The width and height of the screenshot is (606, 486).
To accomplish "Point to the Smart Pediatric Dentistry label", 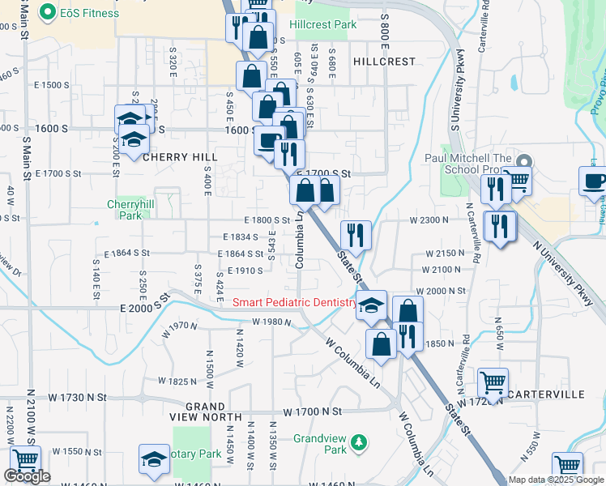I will click(295, 303).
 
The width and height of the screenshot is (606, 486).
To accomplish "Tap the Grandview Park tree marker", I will click(357, 443).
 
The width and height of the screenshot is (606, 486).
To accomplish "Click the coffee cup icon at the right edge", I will click(594, 181).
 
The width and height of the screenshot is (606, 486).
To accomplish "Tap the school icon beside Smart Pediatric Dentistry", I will click(371, 305).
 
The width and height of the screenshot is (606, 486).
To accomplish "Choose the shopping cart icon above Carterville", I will click(492, 381).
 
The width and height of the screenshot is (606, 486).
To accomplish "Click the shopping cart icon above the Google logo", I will click(25, 459).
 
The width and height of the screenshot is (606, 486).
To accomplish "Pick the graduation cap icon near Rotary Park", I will click(154, 458).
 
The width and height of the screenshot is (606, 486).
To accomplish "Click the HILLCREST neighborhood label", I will click(384, 62).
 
